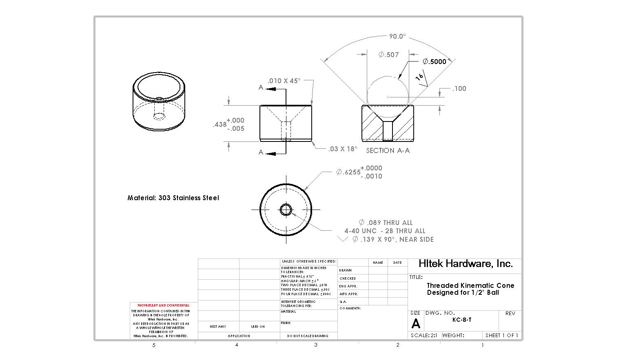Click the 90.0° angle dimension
[x=397, y=37]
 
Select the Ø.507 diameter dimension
[x=388, y=55]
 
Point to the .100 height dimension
[x=459, y=88]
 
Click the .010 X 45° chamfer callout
[x=284, y=81]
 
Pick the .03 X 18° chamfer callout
[x=343, y=149]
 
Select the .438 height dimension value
[x=220, y=124]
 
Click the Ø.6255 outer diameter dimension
[x=348, y=172]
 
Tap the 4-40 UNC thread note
[x=384, y=231]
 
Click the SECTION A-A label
[x=388, y=150]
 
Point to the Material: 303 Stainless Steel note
[x=173, y=198]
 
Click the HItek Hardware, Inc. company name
[x=466, y=264]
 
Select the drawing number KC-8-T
[x=462, y=320]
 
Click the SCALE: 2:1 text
[x=424, y=336]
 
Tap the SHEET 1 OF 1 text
[x=501, y=336]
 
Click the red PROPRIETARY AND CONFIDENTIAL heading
[x=163, y=305]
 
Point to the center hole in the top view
[x=286, y=210]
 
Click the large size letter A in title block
[x=416, y=324]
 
